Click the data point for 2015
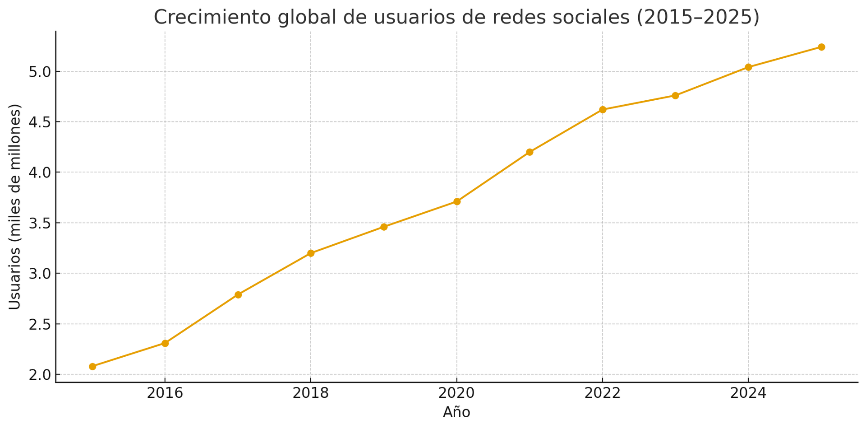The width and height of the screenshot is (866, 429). tap(92, 366)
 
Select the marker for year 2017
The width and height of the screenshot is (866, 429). tap(238, 294)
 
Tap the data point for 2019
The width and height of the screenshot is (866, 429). tap(384, 227)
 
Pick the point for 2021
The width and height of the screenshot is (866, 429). tap(530, 152)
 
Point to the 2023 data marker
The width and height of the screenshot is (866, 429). tap(675, 95)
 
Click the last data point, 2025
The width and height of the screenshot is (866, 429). tap(821, 47)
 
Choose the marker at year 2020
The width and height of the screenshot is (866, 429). tap(457, 201)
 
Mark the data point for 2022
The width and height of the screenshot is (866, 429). tap(603, 109)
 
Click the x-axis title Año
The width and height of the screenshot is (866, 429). tap(456, 412)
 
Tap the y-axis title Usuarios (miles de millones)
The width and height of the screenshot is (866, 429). tap(15, 207)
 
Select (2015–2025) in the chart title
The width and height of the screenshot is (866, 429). tap(697, 18)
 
